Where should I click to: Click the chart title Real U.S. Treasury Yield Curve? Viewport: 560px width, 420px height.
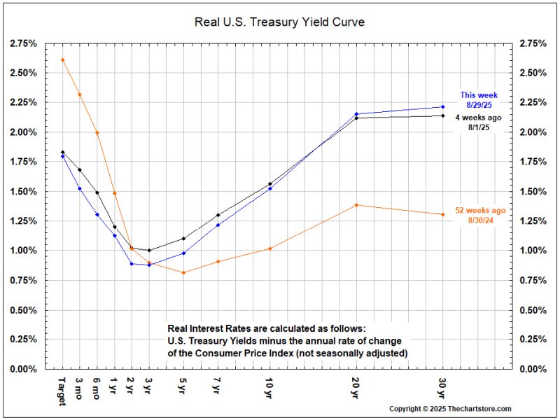[x=279, y=22]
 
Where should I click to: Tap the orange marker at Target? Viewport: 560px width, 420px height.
[x=63, y=59]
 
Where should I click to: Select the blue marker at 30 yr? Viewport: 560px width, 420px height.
[x=443, y=106]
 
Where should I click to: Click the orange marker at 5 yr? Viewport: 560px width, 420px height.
[x=183, y=272]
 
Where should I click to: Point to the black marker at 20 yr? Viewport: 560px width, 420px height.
[x=356, y=118]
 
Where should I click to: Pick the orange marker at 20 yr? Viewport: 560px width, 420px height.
[x=356, y=205]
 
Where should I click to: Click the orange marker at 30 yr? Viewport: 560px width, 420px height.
[x=443, y=214]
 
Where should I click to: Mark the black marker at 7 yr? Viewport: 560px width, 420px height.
[x=218, y=215]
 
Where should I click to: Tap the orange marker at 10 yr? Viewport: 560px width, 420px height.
[x=270, y=248]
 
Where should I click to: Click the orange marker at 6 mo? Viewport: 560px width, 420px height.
[x=97, y=132]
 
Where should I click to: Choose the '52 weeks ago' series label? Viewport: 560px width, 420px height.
[x=479, y=210]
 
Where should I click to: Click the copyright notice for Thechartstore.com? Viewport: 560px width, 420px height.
[x=450, y=409]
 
